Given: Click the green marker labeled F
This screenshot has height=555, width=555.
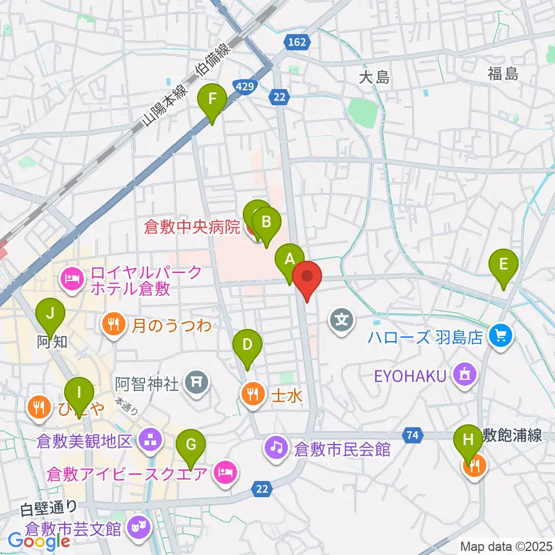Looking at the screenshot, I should pos(212,99).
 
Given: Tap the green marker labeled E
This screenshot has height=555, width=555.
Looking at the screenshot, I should pos(504,265).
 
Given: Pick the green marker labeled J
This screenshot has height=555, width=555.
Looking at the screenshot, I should pos(50,314).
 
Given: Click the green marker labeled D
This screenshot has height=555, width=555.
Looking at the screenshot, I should pos(247,346).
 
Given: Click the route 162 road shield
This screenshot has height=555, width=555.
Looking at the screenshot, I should pos(298,42).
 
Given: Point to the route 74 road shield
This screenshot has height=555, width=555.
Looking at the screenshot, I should pos(412,435).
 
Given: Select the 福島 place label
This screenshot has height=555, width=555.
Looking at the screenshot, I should pos(502,73).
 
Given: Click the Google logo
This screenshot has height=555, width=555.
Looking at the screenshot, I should pos(39,541).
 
